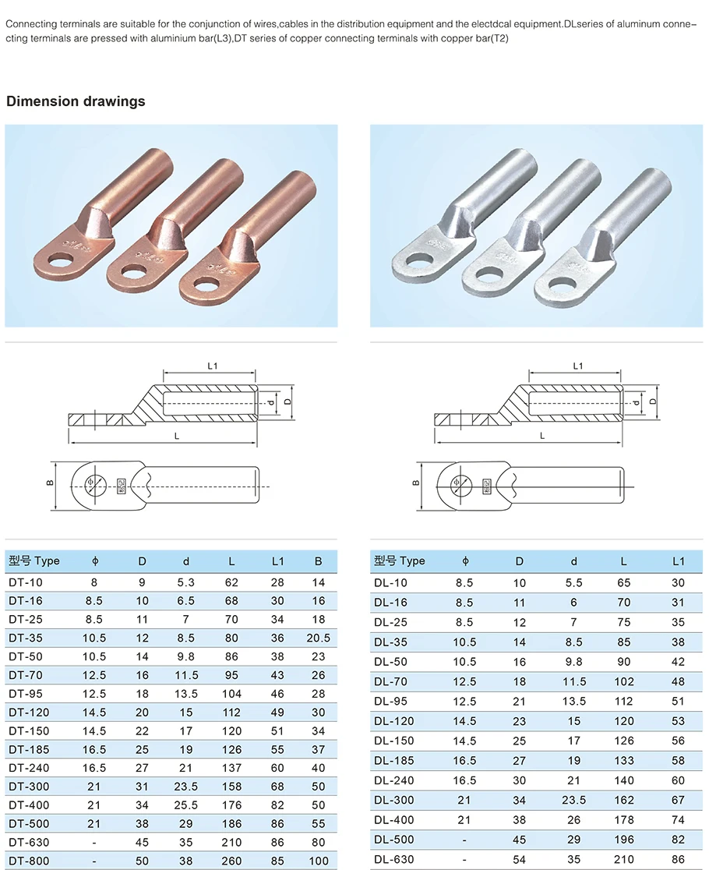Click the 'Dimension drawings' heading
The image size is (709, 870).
pyautogui.click(x=76, y=101)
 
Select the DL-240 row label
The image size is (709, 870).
pyautogui.click(x=394, y=780)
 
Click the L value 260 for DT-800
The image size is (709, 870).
pyautogui.click(x=231, y=861)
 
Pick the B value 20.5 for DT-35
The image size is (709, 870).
pyautogui.click(x=319, y=638)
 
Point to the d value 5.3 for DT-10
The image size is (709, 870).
pyautogui.click(x=186, y=582)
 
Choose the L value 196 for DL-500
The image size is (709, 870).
pyautogui.click(x=623, y=840)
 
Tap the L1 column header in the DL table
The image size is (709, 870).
pyautogui.click(x=677, y=561)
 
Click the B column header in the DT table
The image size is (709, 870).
pyautogui.click(x=319, y=561)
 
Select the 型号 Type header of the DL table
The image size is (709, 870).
pyautogui.click(x=400, y=561)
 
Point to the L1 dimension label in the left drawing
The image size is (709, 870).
pyautogui.click(x=211, y=365)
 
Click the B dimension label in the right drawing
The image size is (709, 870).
pyautogui.click(x=416, y=483)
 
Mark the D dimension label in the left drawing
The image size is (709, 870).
pyautogui.click(x=287, y=401)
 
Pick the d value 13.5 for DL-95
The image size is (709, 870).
pyautogui.click(x=574, y=701)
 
